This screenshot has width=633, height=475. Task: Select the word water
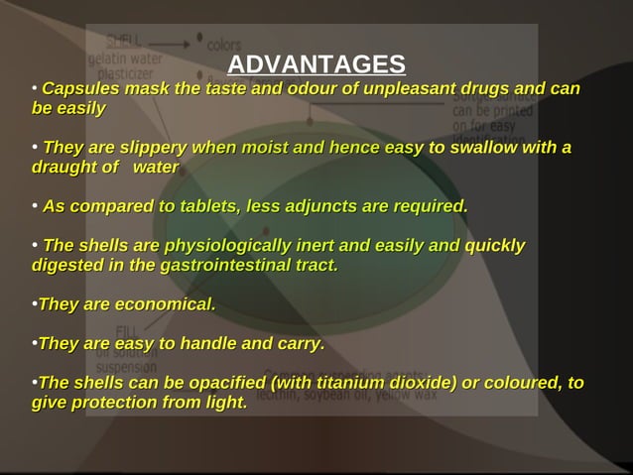155,168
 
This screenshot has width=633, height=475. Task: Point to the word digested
67,265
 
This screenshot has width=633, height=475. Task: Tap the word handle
199,344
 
